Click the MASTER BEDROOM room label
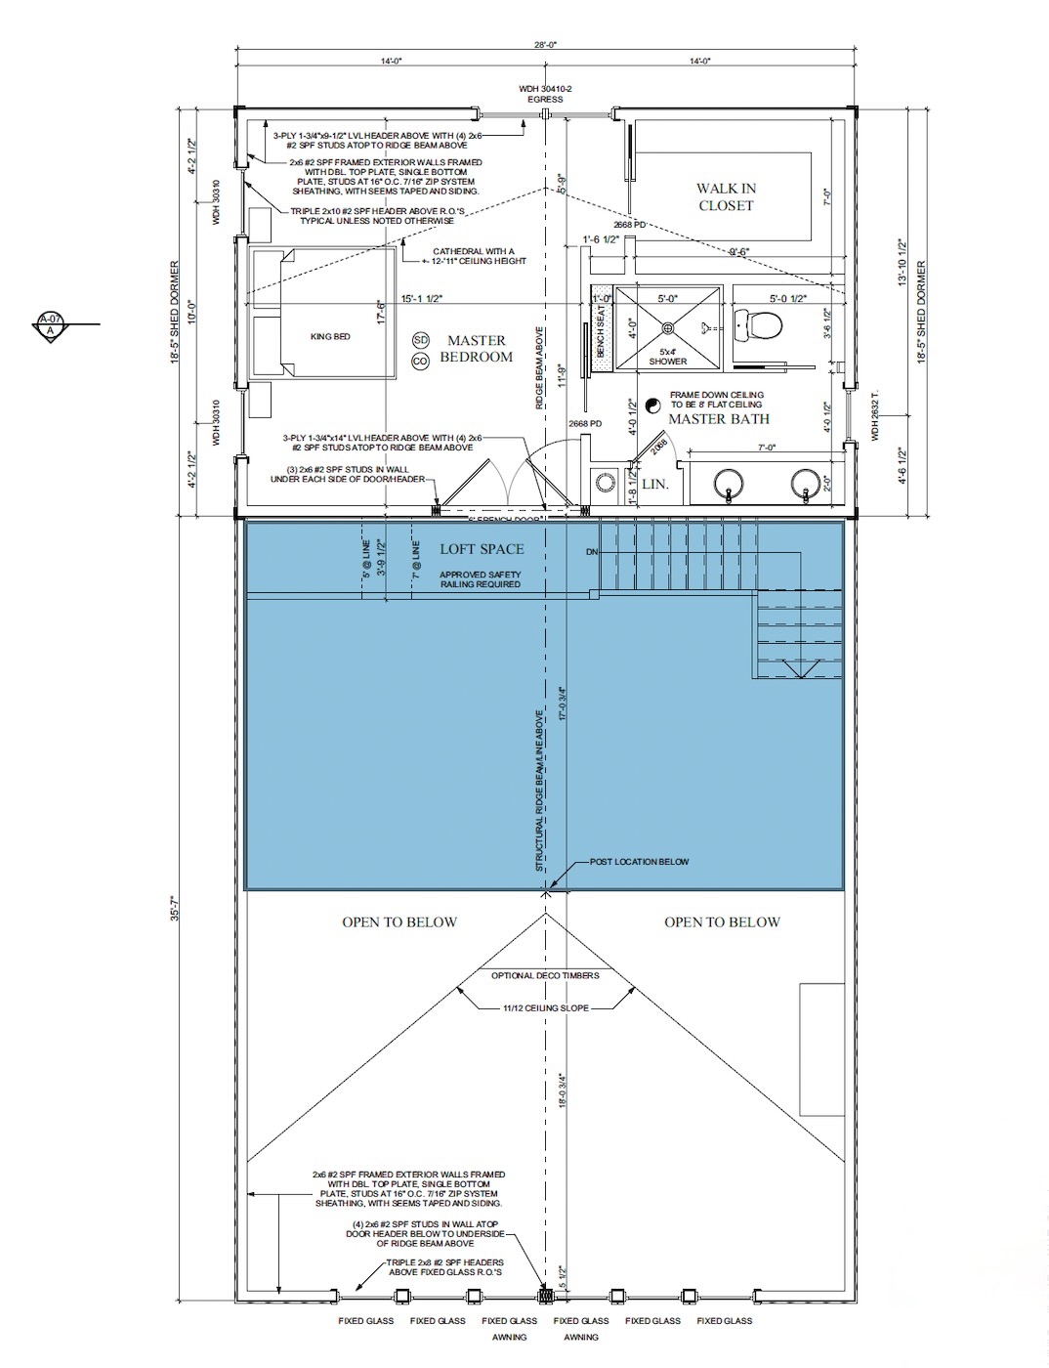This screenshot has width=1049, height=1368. coord(476,349)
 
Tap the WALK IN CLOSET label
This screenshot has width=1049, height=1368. coord(726,196)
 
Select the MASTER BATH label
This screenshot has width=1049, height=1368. coord(718,419)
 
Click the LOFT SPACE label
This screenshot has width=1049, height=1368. coord(482,549)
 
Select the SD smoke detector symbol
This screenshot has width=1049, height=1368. coord(421,340)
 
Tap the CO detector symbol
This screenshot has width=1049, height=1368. coord(421,361)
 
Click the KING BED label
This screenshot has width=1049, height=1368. coord(330,337)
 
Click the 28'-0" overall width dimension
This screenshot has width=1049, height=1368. coord(545,44)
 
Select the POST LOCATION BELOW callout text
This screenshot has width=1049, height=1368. coord(639,862)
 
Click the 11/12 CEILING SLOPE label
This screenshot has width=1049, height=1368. coord(546,1007)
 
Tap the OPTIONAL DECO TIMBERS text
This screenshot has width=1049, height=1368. coord(546,975)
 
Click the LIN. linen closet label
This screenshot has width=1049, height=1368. coord(654,485)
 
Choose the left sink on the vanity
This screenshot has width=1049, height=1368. coord(728,483)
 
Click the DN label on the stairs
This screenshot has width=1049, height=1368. coord(592,552)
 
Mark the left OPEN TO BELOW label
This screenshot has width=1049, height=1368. coord(399,921)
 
